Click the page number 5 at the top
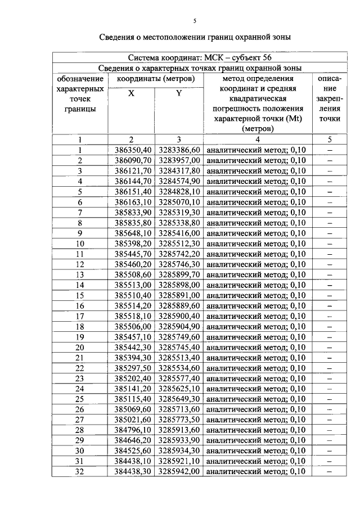tap(195, 21)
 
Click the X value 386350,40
tap(133, 150)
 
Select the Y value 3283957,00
tap(179, 160)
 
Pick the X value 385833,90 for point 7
tap(133, 213)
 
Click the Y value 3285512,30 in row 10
tap(179, 244)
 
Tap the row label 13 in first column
tap(80, 274)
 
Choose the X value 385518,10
tap(133, 316)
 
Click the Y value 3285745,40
tap(179, 347)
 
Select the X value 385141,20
tap(133, 389)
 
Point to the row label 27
tap(80, 420)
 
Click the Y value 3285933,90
tap(179, 440)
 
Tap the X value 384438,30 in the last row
tap(133, 472)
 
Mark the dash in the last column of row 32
tap(330, 472)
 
